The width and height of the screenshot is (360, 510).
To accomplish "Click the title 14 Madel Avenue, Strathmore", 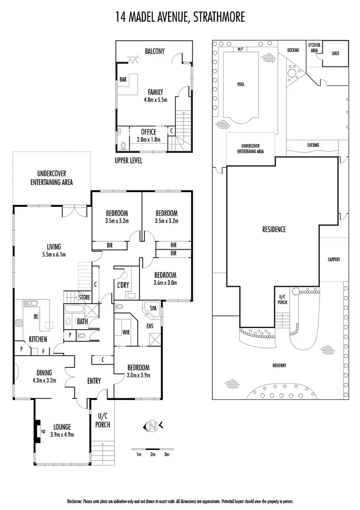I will tap(180, 18).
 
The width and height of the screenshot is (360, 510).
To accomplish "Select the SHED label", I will tap(335, 53).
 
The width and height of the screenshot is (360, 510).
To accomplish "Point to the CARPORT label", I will tap(334, 259).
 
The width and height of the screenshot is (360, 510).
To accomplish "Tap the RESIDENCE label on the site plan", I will tap(274, 229).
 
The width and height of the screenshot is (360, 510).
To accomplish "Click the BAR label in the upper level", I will tap(123, 80).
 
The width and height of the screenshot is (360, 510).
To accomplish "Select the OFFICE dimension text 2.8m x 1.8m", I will tap(149, 140).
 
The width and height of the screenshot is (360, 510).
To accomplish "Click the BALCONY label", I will tap(154, 51).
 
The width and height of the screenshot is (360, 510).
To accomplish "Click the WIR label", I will tap(126, 332).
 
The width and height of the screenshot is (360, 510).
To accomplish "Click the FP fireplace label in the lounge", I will tap(42, 431).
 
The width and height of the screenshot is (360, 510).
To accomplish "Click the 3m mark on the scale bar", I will tap(167, 454).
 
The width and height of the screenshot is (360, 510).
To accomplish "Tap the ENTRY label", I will tap(94, 381).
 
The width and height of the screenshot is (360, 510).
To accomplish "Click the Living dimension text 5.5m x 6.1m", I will tap(54, 255).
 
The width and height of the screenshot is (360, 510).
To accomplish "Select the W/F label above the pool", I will tap(240, 49).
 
